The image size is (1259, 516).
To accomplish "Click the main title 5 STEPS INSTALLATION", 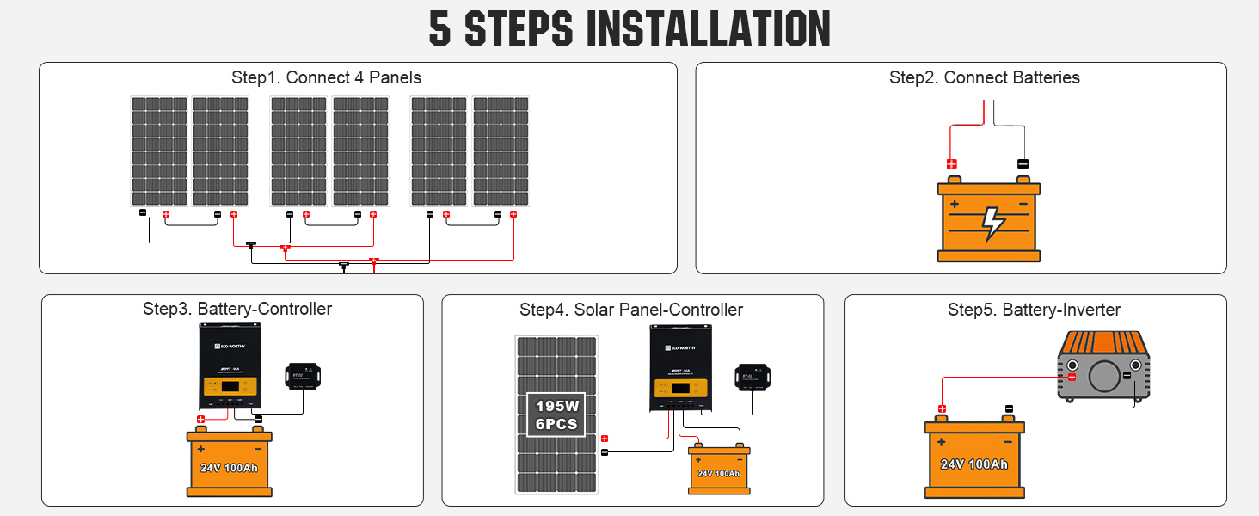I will coord(629,28).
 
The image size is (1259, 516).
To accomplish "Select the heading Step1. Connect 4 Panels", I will coord(326,77).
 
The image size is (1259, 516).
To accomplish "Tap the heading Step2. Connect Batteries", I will coord(984,77).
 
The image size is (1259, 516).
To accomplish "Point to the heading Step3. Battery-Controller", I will coord(237,309).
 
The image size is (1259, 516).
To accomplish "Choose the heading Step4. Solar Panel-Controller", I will coord(631,310).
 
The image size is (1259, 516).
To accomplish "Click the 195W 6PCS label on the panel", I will coord(556,415).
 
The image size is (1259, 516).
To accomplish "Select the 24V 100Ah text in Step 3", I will coord(229,469).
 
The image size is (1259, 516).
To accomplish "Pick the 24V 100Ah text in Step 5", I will coord(973,464).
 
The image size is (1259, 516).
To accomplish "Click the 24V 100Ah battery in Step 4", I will coord(718,470).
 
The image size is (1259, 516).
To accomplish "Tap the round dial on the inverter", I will coord(1103,376).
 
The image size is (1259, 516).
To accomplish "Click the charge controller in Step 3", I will coord(230,366).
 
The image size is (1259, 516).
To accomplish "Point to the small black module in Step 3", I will coord(302,377).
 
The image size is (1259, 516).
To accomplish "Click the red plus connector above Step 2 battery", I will coord(951,163).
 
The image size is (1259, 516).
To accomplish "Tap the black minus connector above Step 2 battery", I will coord(1023,163).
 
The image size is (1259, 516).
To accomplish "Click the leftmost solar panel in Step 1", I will coord(158,151).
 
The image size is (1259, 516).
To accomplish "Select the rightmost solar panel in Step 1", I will coord(501,151).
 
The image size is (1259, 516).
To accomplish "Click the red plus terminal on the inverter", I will coord(1072,377).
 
